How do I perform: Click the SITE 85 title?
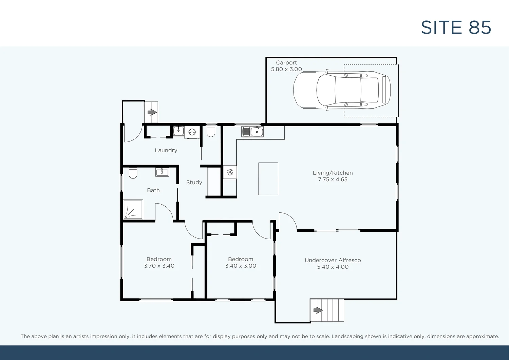pos(456,27)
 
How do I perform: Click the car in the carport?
pos(342,90)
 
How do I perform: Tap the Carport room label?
pos(286,63)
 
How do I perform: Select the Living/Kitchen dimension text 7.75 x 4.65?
pos(333,179)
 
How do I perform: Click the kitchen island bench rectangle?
pos(268,178)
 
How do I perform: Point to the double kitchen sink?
pos(252,132)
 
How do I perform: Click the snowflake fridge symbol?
pos(230,172)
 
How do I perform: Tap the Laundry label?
pos(166,150)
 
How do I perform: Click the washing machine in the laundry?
pos(192,132)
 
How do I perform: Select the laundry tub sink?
pos(178,131)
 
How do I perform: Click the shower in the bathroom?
pos(133,209)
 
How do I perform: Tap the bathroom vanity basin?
pos(162,172)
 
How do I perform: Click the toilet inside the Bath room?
pos(133,173)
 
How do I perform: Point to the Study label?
pos(194,182)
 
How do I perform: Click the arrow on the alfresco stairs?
pos(318,310)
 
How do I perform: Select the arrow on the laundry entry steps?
pos(152,112)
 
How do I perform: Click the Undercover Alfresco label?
pos(333,260)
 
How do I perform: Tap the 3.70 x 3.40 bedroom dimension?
pos(159,266)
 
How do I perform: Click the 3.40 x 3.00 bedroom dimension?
pos(241,266)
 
